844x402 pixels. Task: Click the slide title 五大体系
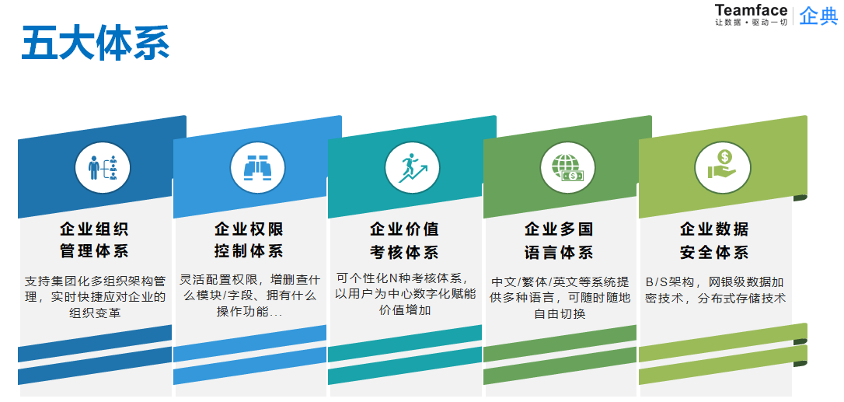96,43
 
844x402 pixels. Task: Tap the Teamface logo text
751,10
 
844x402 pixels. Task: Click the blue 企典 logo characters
818,15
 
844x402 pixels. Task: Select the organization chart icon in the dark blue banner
103,168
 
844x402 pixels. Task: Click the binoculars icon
257,168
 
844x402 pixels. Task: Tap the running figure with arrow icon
413,168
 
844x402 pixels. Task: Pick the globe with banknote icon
567,168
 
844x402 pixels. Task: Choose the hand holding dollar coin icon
722,165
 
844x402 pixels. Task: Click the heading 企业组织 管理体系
94,240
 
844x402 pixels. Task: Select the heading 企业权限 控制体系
249,240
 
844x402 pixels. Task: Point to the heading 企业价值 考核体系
404,240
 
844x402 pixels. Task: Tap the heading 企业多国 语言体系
560,240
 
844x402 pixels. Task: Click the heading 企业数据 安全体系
714,240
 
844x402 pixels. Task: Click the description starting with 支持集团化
96,297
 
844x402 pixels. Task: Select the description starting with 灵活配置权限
249,295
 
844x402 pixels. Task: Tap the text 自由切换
560,313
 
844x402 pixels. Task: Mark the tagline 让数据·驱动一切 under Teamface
751,23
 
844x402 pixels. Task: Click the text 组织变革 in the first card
96,313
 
